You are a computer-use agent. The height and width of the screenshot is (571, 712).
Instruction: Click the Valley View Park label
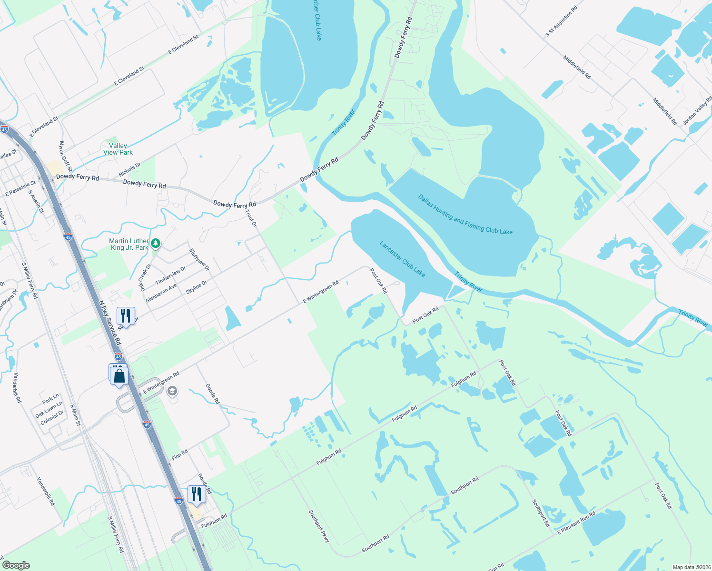[118, 149]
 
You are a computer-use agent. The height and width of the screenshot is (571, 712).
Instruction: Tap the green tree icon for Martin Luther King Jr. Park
[156, 244]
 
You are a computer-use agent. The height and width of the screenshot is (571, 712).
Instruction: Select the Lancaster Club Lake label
[402, 259]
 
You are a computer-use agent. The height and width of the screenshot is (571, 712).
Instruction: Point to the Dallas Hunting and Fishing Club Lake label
[465, 215]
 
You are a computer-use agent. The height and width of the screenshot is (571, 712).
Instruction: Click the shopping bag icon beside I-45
[119, 376]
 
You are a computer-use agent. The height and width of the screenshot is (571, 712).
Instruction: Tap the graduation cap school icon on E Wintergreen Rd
[172, 391]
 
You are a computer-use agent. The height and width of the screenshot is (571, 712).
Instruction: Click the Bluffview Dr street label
[199, 259]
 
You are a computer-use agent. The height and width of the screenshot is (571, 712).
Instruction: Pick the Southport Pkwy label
[319, 526]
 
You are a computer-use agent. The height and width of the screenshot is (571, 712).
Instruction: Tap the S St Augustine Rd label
[562, 21]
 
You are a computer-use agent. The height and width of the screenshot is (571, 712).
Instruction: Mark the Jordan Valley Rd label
[697, 110]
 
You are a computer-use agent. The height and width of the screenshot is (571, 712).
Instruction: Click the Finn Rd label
[179, 455]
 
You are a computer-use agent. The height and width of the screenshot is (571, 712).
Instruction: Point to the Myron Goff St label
[65, 156]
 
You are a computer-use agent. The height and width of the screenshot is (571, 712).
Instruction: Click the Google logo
[16, 565]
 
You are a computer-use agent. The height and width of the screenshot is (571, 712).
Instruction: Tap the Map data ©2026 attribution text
[690, 567]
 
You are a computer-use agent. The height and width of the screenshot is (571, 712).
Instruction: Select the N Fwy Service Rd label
[110, 322]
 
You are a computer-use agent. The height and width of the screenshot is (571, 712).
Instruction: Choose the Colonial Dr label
[52, 418]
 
